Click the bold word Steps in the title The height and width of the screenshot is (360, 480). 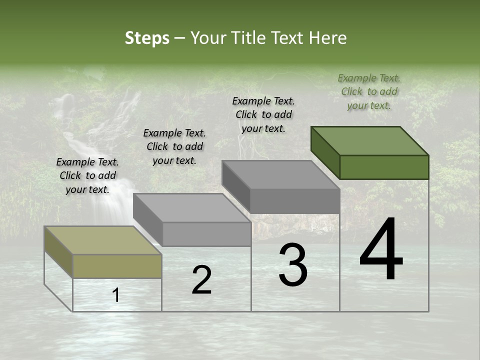pos(147,38)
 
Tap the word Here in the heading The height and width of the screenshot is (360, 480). pos(328,38)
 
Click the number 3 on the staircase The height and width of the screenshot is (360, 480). pos(293,265)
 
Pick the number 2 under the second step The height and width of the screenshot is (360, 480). pos(201,280)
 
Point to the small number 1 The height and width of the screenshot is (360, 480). pos(116,295)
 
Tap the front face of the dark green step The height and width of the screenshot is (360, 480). pos(384,167)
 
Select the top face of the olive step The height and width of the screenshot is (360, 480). pos(103,240)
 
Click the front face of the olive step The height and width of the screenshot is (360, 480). pos(117,266)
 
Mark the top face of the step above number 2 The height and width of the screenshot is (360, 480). pos(192,208)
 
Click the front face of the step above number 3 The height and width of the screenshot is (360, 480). pos(295,201)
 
